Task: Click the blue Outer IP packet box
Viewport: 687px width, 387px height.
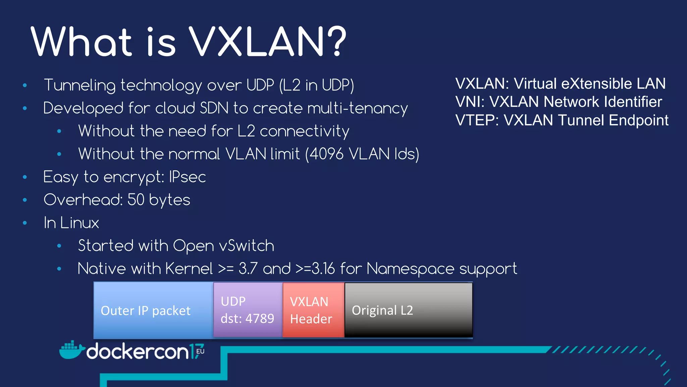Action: pyautogui.click(x=153, y=310)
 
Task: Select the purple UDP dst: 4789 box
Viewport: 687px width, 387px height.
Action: pyautogui.click(x=248, y=310)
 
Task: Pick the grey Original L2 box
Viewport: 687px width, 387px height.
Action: pyautogui.click(x=408, y=310)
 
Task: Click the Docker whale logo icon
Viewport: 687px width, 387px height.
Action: pyautogui.click(x=71, y=350)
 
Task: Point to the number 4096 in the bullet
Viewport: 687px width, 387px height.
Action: pyautogui.click(x=326, y=154)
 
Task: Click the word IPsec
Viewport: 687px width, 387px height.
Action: pyautogui.click(x=187, y=177)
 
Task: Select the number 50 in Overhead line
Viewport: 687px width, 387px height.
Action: pyautogui.click(x=136, y=200)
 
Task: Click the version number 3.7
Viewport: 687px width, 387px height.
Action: pyautogui.click(x=248, y=269)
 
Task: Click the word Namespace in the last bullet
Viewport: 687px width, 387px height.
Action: pyautogui.click(x=410, y=269)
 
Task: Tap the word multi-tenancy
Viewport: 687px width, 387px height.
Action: pyautogui.click(x=357, y=109)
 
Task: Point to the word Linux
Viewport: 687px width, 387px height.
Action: pyautogui.click(x=80, y=223)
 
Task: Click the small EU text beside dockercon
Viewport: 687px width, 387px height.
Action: pyautogui.click(x=200, y=351)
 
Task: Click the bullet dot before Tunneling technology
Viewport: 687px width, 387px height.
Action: pyautogui.click(x=24, y=85)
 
